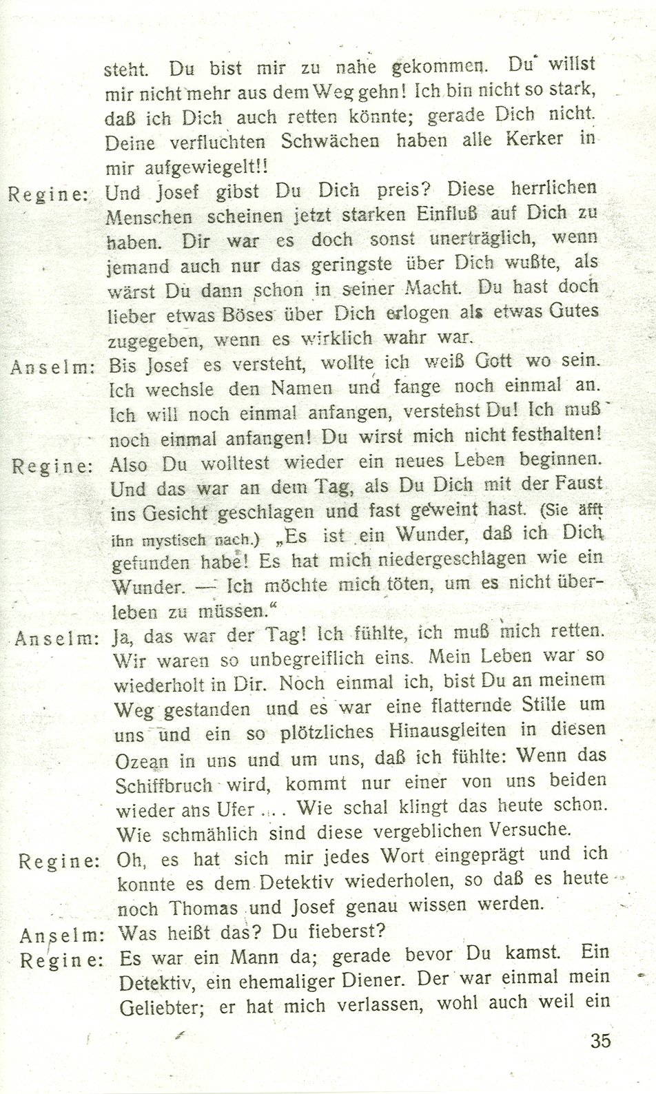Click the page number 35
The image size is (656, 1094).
pyautogui.click(x=599, y=1040)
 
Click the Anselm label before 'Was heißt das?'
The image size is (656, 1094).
pyautogui.click(x=61, y=935)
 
